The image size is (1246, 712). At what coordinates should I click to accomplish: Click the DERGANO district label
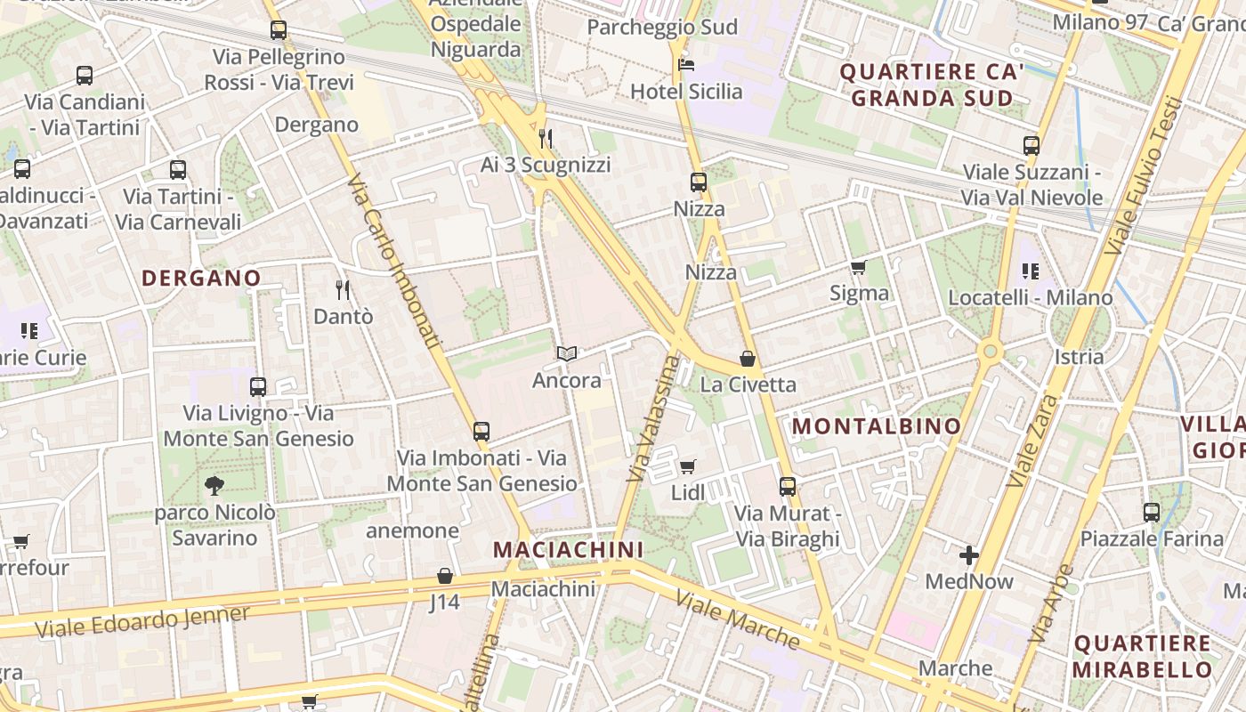[x=201, y=278]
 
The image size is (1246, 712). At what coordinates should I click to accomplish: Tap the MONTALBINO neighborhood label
[x=877, y=426]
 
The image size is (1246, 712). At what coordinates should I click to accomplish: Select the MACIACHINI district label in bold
[x=568, y=549]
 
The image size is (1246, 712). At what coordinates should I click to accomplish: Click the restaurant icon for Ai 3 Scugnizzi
[x=546, y=139]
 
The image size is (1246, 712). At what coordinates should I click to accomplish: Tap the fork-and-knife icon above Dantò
[x=343, y=289]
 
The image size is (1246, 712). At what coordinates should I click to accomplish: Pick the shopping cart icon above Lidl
[x=687, y=466]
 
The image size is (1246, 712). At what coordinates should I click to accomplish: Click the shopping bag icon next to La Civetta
[x=748, y=359]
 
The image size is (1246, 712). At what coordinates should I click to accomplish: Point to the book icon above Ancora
[x=567, y=354]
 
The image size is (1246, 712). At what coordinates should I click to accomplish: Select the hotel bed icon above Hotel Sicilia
[x=685, y=64]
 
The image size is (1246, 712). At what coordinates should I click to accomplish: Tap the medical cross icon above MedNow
[x=969, y=555]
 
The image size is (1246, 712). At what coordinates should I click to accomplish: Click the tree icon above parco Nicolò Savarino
[x=214, y=486]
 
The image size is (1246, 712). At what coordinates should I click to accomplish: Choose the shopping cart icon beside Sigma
[x=858, y=267]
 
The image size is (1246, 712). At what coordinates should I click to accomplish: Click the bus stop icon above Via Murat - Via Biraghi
[x=788, y=487]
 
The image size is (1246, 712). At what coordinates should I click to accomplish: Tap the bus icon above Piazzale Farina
[x=1152, y=513]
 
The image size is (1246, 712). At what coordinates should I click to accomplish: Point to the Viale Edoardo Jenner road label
[x=142, y=622]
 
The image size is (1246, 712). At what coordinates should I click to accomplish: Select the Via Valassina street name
[x=652, y=418]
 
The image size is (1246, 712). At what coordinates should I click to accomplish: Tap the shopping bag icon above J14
[x=444, y=576]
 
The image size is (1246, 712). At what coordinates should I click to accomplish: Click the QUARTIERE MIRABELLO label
[x=1142, y=656]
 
